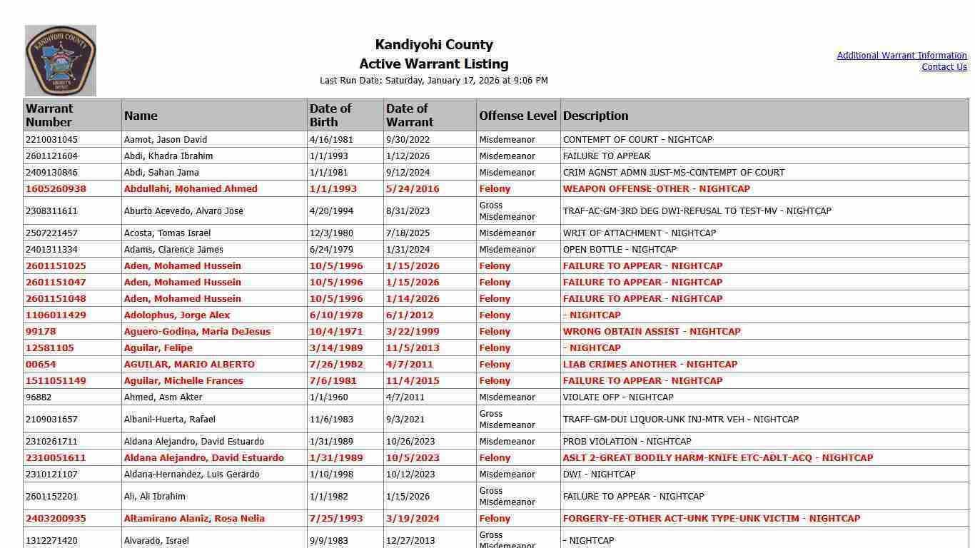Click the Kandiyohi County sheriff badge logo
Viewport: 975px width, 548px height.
pyautogui.click(x=61, y=61)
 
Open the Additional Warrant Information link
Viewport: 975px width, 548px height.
pyautogui.click(x=901, y=56)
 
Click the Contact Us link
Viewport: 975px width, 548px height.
pyautogui.click(x=944, y=67)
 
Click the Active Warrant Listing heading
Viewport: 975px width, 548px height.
pyautogui.click(x=433, y=64)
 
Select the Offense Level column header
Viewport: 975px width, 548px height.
pyautogui.click(x=517, y=116)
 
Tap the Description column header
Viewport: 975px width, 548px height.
pyautogui.click(x=595, y=116)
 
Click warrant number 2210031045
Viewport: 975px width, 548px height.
pyautogui.click(x=51, y=140)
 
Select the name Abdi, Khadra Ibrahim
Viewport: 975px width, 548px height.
pyautogui.click(x=168, y=156)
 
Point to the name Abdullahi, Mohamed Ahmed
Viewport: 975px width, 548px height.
pyautogui.click(x=191, y=189)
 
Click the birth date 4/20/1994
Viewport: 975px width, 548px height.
pyautogui.click(x=330, y=211)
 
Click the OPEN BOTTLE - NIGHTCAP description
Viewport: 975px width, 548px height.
pyautogui.click(x=619, y=250)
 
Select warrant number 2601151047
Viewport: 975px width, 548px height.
pyautogui.click(x=56, y=283)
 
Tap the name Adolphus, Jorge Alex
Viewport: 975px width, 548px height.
pyautogui.click(x=177, y=315)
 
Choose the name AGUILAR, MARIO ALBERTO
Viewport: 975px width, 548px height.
pyautogui.click(x=189, y=365)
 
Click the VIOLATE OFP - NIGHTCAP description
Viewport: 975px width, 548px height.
pyautogui.click(x=617, y=397)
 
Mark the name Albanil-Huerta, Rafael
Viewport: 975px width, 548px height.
pyautogui.click(x=169, y=420)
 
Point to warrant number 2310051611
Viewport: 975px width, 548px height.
pyautogui.click(x=56, y=458)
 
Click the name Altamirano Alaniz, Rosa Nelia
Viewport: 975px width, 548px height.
pyautogui.click(x=194, y=519)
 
